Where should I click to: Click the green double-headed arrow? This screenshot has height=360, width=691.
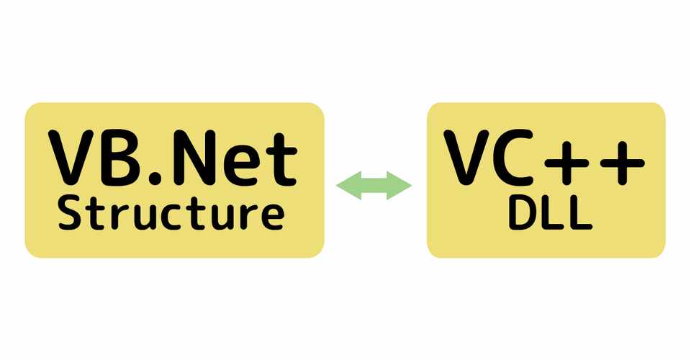(x=374, y=185)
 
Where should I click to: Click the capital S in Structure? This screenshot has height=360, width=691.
(x=70, y=214)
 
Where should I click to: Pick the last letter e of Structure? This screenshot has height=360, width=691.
(x=268, y=217)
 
